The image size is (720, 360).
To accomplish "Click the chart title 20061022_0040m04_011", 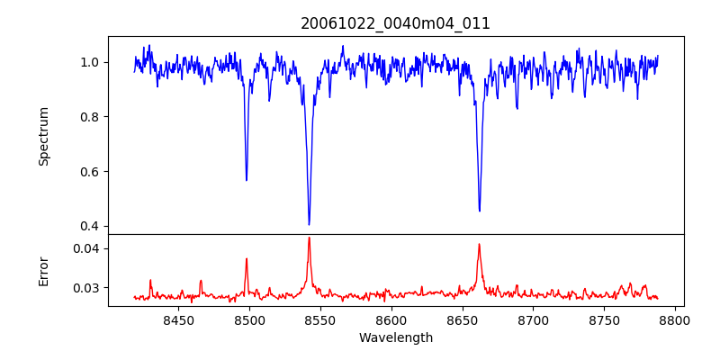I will point(395,23).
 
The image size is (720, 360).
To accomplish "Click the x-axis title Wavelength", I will point(395,337).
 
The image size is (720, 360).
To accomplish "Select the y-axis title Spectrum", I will point(44,136).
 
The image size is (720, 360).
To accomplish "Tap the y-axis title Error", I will point(44,270).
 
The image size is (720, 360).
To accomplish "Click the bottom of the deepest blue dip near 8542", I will point(309,224).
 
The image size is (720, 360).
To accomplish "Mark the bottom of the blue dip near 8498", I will point(247,180).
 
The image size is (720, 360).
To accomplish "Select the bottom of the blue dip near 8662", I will point(479,211).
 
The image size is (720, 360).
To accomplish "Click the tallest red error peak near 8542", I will point(309,238).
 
